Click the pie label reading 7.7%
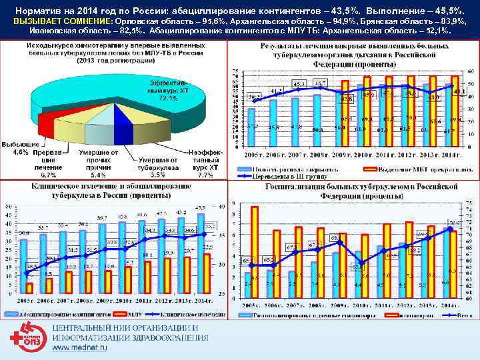pyautogui.click(x=205, y=175)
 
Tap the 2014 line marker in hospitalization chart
pyautogui.click(x=450, y=229)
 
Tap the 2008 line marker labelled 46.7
pyautogui.click(x=319, y=86)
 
